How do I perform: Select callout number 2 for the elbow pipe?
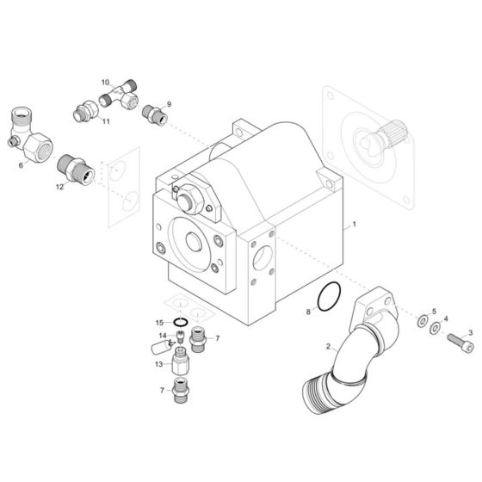pos(328,348)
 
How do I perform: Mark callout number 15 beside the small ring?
pos(159,323)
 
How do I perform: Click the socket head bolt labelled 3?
pos(457,344)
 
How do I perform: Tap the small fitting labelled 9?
pos(156,114)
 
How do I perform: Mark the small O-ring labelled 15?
pos(180,323)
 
